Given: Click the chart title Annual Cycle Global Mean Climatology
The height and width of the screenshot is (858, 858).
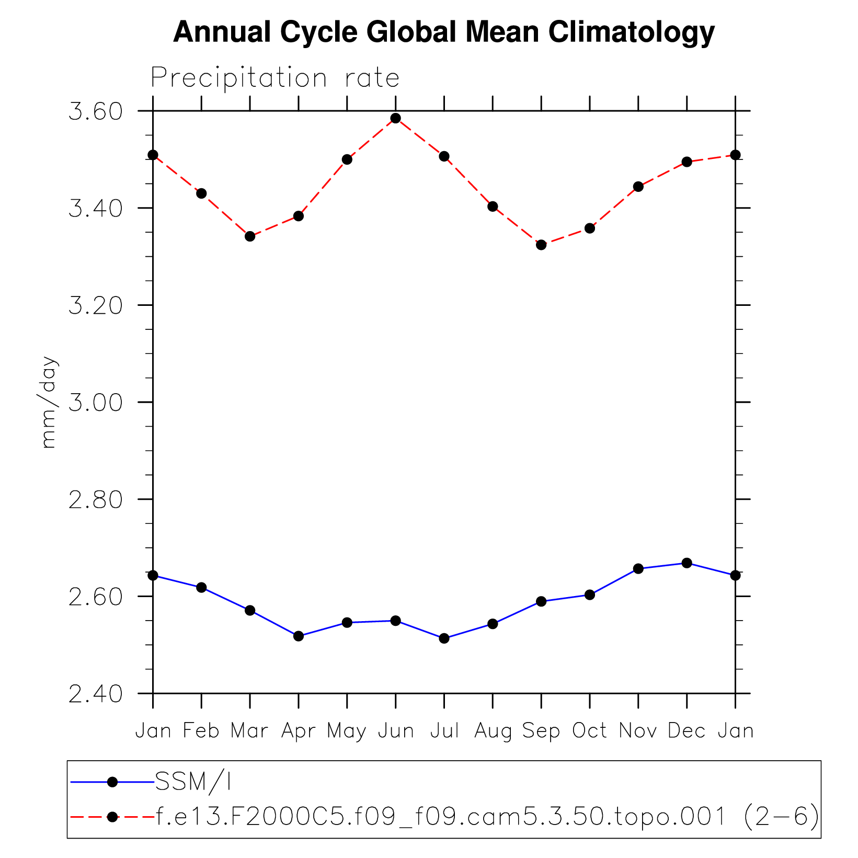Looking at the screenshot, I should click(443, 32).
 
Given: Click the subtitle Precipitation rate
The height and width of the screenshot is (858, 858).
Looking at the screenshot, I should click(275, 78).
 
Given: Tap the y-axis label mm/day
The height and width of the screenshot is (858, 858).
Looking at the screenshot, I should click(48, 402).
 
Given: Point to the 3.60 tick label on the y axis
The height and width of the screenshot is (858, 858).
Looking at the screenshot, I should click(95, 111).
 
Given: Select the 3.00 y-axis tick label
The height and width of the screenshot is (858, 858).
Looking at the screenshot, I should click(95, 403).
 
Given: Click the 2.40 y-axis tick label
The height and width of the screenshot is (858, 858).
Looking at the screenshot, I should click(95, 694).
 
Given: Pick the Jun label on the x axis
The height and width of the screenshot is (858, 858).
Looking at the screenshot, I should click(396, 731).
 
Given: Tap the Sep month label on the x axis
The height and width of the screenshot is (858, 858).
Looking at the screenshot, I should click(541, 731).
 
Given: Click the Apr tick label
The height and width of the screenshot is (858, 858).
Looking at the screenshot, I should click(298, 731).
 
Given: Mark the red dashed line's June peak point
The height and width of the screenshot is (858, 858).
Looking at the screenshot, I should click(396, 118).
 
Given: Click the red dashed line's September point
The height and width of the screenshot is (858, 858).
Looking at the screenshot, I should click(541, 245).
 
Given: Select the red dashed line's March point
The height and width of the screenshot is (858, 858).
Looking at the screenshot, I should click(250, 236).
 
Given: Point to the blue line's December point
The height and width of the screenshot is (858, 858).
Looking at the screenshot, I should click(687, 563).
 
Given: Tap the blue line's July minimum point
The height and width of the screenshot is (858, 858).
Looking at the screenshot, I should click(444, 638).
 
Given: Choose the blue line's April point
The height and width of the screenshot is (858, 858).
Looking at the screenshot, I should click(299, 636).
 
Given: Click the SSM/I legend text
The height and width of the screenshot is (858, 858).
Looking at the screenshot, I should click(193, 782).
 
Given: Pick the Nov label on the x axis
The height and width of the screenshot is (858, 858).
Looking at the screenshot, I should click(638, 731).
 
